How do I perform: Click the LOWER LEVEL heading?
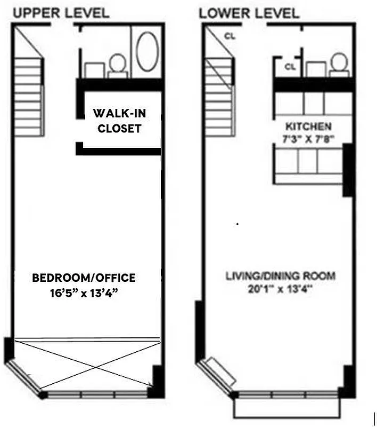pos(249,13)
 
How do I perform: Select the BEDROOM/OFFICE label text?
pos(84,278)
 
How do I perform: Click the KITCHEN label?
pos(309,127)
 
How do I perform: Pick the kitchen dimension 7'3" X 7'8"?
pos(309,139)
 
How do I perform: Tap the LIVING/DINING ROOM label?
pos(281,276)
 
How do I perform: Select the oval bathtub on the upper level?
pos(147,51)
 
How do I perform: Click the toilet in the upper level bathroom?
pos(117,66)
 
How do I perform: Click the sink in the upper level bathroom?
pos(95,69)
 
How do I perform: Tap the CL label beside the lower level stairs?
pos(230,36)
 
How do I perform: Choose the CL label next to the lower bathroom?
pos(290,67)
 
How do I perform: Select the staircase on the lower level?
pos(220,96)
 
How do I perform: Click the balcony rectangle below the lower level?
pos(286,408)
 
